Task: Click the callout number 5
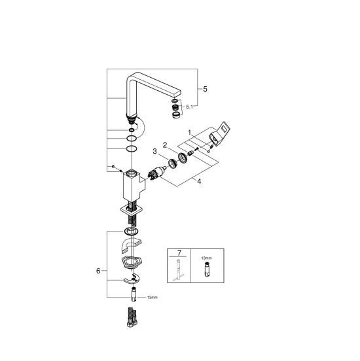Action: (205, 89)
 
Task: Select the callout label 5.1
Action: (189, 107)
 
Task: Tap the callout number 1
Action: (189, 132)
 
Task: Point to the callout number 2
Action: (165, 145)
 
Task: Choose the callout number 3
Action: (154, 151)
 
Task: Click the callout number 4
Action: (199, 181)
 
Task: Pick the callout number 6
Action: (98, 271)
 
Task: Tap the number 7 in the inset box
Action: (179, 253)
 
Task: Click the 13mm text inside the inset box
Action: (206, 258)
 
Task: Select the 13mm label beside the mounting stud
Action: (152, 298)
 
